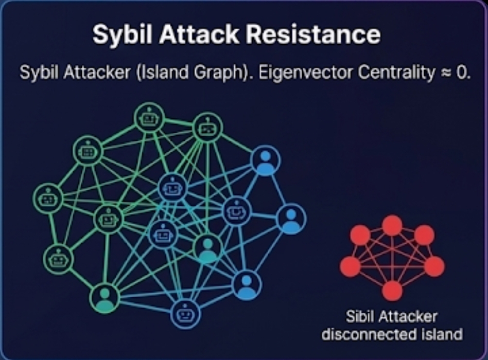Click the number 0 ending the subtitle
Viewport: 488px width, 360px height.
click(461, 73)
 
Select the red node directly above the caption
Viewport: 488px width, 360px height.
click(392, 290)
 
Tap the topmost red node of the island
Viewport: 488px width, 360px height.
click(392, 225)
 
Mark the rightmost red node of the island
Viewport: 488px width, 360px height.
click(434, 266)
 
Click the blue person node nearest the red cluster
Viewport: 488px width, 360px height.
click(291, 219)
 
